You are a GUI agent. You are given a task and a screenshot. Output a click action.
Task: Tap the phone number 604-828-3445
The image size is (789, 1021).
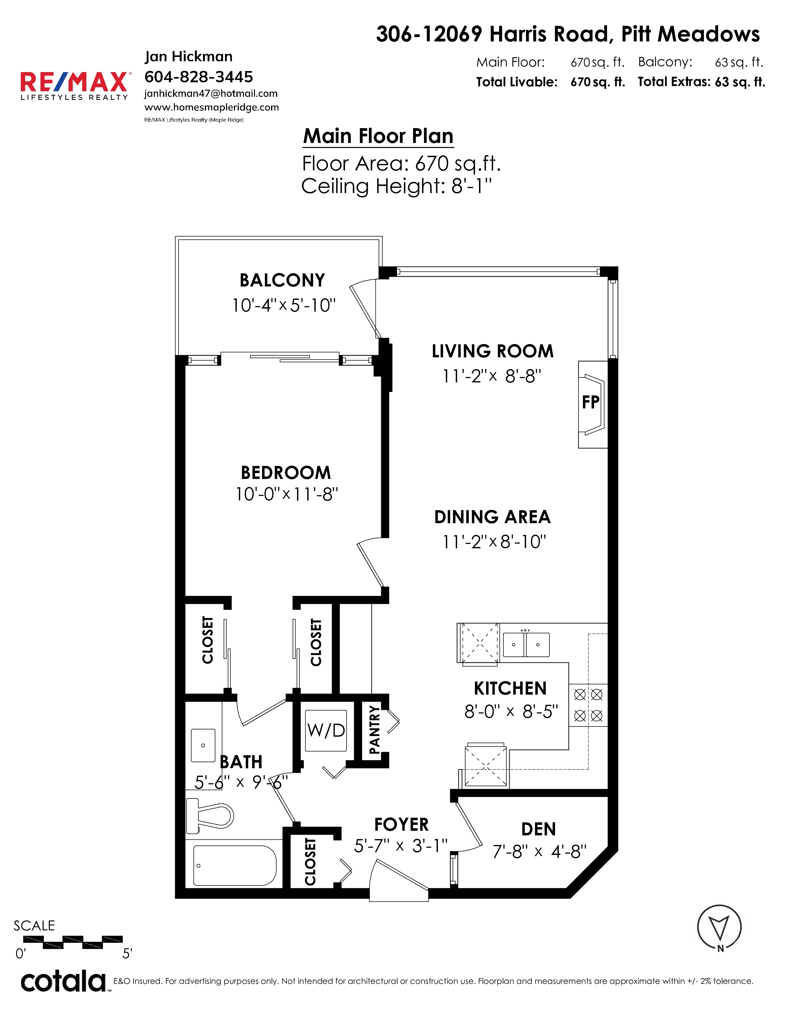click(x=199, y=77)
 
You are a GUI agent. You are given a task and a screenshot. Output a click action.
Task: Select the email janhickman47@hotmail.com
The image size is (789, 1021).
click(x=211, y=93)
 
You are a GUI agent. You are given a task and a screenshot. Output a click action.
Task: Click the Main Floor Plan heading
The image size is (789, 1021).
click(x=378, y=136)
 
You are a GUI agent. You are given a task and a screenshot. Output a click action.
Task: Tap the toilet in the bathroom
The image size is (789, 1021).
click(x=209, y=816)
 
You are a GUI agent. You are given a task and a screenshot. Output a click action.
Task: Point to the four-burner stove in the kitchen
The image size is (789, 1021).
click(x=588, y=705)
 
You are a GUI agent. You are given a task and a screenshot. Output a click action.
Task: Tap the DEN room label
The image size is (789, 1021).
click(x=538, y=829)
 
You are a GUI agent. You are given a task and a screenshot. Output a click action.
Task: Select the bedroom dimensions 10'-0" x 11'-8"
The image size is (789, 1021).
click(x=287, y=494)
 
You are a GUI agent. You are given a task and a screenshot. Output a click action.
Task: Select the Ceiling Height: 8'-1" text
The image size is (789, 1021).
click(x=397, y=186)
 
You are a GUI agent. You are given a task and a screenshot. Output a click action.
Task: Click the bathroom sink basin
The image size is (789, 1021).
click(x=203, y=746)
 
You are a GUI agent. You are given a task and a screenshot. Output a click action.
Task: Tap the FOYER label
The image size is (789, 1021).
click(x=402, y=825)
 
